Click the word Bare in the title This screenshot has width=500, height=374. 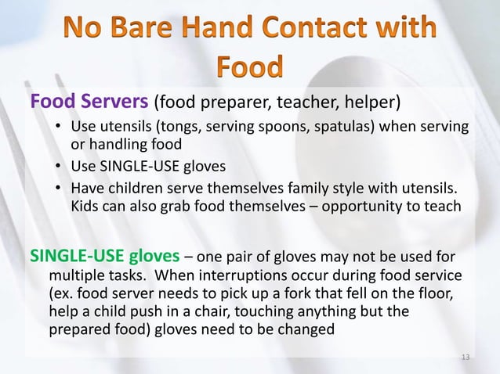tap(150, 29)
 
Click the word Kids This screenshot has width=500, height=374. tap(86, 207)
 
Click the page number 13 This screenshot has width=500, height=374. tap(466, 358)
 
